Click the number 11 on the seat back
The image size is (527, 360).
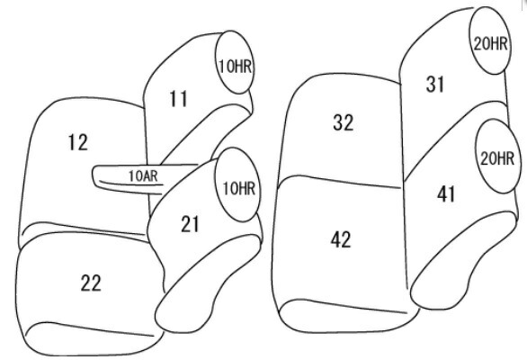pyautogui.click(x=178, y=99)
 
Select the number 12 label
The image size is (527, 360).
pyautogui.click(x=78, y=142)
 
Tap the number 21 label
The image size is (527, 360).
pyautogui.click(x=190, y=224)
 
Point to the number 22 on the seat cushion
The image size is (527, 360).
pyautogui.click(x=91, y=283)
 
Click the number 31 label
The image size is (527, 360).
pyautogui.click(x=435, y=85)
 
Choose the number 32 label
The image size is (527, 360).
pyautogui.click(x=344, y=122)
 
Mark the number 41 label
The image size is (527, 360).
pyautogui.click(x=446, y=194)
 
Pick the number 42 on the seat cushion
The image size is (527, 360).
pyautogui.click(x=341, y=240)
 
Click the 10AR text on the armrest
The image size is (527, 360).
pyautogui.click(x=143, y=175)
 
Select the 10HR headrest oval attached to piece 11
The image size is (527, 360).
pyautogui.click(x=235, y=62)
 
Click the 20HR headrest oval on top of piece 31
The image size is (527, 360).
pyautogui.click(x=490, y=40)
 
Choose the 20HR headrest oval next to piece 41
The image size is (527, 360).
pyautogui.click(x=496, y=156)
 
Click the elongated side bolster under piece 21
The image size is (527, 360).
pyautogui.click(x=209, y=283)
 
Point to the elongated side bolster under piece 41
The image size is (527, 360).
pyautogui.click(x=463, y=260)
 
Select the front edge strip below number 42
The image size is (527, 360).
pyautogui.click(x=348, y=316)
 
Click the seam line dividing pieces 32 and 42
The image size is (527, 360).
pyautogui.click(x=339, y=182)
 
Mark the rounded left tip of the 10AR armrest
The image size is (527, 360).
pyautogui.click(x=94, y=175)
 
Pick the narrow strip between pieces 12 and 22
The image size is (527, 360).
pyautogui.click(x=84, y=233)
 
